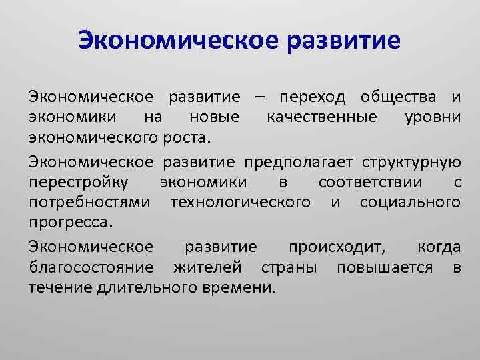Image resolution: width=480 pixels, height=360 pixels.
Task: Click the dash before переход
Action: tap(258, 98)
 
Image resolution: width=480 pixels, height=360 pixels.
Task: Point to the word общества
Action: tap(399, 98)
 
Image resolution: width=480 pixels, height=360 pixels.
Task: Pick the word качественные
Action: tap(317, 119)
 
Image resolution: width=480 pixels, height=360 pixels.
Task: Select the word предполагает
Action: tap(299, 161)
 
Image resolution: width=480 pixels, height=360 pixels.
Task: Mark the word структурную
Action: tap(411, 161)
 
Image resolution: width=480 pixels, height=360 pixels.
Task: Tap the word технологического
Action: tap(240, 202)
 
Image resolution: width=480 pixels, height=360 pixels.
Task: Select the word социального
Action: tap(409, 202)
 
